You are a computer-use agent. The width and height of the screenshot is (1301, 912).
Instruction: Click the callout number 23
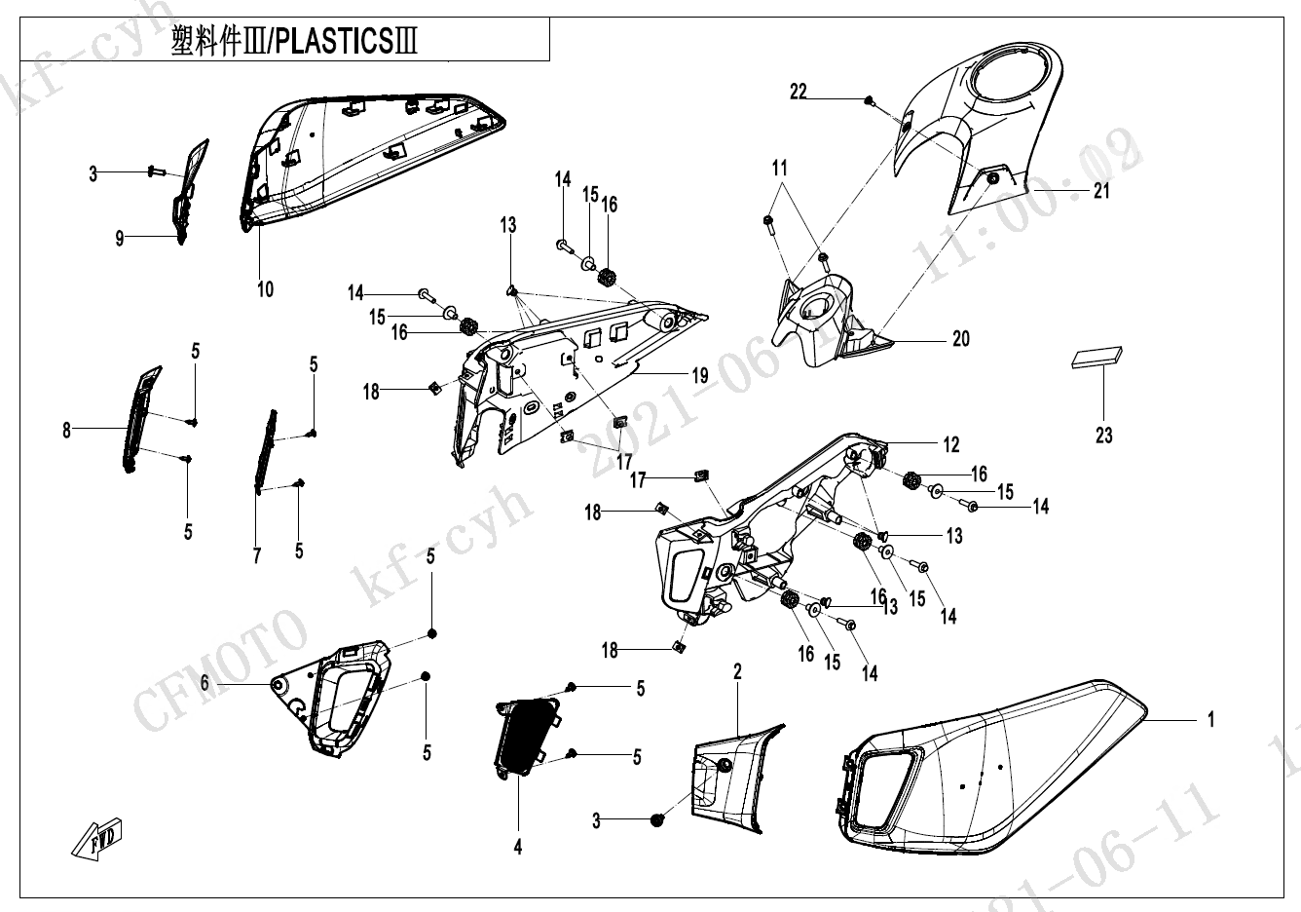click(1103, 435)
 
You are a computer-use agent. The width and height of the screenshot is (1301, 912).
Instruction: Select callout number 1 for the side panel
click(1210, 720)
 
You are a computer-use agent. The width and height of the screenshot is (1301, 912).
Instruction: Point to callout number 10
click(265, 288)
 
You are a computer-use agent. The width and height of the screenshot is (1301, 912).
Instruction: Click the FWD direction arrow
click(98, 835)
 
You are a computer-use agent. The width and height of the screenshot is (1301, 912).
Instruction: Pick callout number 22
click(799, 92)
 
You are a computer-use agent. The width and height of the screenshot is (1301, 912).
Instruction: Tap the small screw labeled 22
click(869, 100)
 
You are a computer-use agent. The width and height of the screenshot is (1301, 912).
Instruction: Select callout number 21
click(1101, 191)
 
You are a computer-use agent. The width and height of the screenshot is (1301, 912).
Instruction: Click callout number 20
click(961, 339)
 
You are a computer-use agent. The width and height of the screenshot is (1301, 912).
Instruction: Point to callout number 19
click(699, 375)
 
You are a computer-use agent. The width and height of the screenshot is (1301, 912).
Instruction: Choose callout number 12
click(951, 444)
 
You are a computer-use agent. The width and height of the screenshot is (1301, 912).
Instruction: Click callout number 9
click(120, 238)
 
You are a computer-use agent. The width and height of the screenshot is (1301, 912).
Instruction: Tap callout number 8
click(67, 429)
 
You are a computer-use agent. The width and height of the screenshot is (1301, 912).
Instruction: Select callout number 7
click(257, 555)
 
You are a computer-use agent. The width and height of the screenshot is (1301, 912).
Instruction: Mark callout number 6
click(204, 684)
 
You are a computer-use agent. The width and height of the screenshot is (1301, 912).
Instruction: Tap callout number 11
click(779, 169)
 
